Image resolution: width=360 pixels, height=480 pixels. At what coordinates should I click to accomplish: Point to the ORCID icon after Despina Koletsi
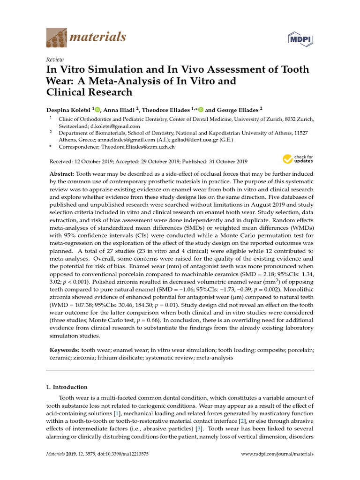click(x=97, y=110)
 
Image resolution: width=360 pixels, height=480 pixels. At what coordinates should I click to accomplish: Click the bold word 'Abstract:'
click(x=62, y=173)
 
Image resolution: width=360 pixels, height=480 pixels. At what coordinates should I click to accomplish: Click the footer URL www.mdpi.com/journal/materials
click(x=277, y=454)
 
